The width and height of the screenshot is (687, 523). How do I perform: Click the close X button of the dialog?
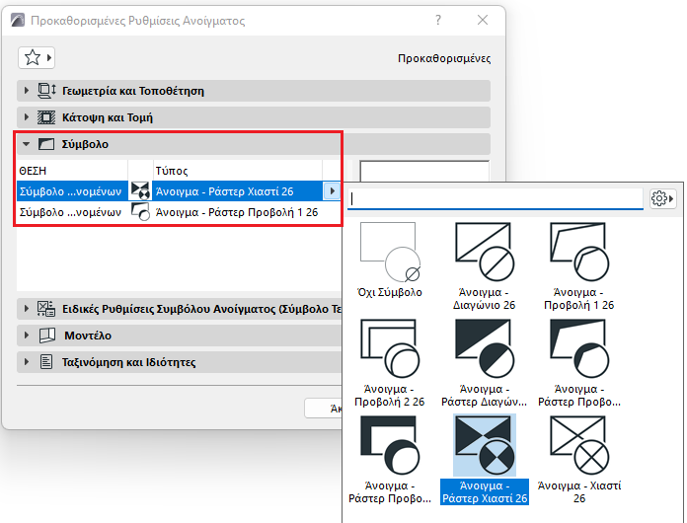(x=483, y=20)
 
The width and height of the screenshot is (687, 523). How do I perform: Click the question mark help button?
(x=438, y=20)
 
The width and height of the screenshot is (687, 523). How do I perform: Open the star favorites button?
(x=37, y=58)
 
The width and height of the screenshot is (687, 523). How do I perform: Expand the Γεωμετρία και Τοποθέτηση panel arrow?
(x=27, y=91)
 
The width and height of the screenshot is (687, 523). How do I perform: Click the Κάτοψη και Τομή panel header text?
(x=108, y=117)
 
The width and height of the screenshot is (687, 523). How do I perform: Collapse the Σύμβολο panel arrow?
(x=27, y=144)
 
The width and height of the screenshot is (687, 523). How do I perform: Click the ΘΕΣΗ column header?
(x=33, y=171)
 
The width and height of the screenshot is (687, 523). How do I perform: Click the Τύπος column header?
(x=172, y=171)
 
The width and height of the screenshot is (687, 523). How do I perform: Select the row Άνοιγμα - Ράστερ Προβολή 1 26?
(x=237, y=212)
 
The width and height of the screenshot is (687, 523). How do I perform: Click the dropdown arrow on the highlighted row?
(x=332, y=191)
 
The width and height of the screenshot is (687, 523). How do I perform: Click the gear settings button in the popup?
(x=662, y=198)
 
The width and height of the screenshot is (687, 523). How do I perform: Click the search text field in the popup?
(x=496, y=199)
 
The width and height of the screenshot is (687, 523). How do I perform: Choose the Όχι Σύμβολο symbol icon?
(x=390, y=253)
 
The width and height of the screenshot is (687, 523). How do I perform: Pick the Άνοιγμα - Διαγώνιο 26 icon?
(x=484, y=252)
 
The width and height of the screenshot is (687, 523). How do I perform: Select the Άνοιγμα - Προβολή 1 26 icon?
(x=579, y=252)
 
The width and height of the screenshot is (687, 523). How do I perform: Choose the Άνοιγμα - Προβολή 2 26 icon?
(x=390, y=348)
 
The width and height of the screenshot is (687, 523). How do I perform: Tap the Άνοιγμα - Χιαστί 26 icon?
(x=579, y=445)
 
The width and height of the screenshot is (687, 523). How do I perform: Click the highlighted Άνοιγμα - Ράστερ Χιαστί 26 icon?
(x=484, y=445)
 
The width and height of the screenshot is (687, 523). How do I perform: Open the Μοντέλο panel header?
(x=88, y=336)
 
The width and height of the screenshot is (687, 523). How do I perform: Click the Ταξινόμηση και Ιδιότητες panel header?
(x=128, y=362)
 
